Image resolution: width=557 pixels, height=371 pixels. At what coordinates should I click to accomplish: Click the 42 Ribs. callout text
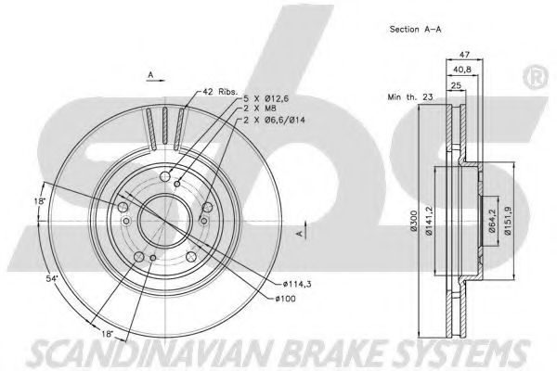click(221, 91)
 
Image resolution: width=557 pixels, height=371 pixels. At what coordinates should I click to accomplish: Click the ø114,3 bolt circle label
click(296, 284)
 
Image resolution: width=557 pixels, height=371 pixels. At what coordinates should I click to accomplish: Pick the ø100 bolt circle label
click(289, 298)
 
